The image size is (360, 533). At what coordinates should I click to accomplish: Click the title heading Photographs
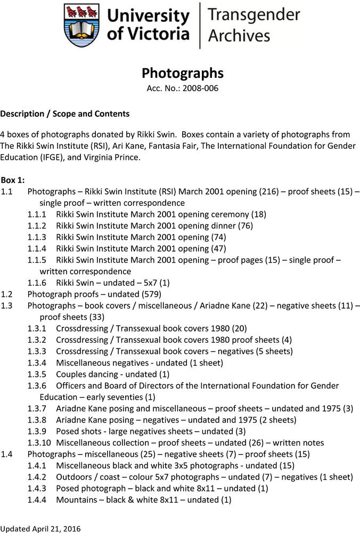tap(182, 73)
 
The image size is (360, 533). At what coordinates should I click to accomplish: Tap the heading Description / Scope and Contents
tap(64, 114)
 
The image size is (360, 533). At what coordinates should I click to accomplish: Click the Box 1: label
tap(13, 180)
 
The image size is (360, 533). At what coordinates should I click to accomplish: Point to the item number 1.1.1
tap(37, 214)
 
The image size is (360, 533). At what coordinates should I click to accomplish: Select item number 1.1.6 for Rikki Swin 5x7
tap(37, 282)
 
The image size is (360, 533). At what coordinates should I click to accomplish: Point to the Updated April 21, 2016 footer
tap(40, 528)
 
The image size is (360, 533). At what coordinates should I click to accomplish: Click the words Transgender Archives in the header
tap(246, 26)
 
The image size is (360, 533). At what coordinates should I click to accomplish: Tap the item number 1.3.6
tap(37, 385)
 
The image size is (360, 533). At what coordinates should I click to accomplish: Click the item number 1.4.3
tap(37, 488)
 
